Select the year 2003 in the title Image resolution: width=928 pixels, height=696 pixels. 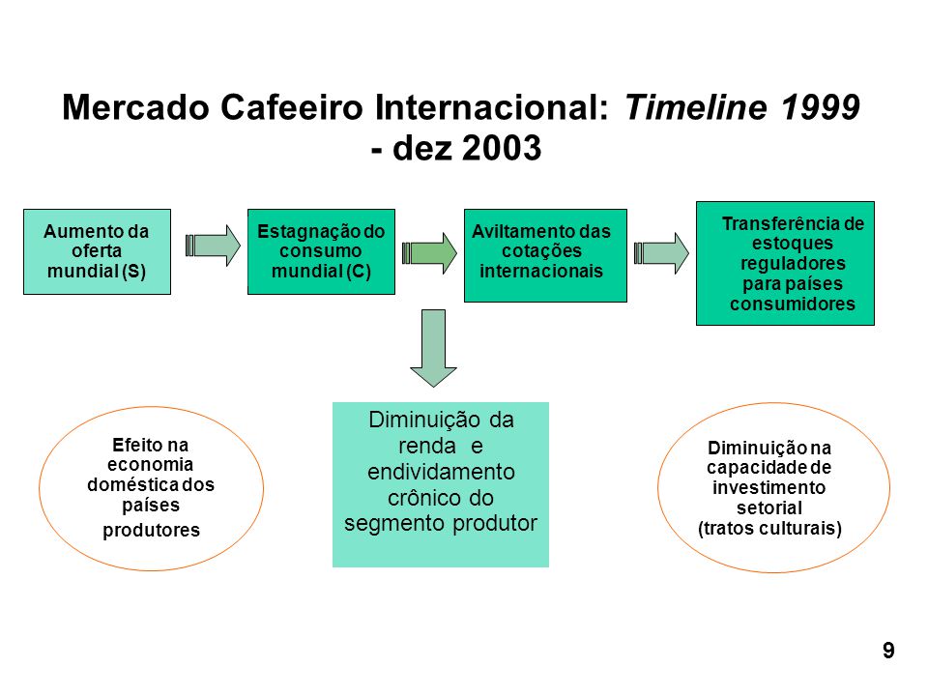coord(502,147)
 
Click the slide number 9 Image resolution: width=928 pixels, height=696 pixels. coord(888,651)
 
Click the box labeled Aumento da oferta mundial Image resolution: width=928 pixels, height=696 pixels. coord(97,251)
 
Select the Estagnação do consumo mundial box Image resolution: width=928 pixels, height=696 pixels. coord(321,251)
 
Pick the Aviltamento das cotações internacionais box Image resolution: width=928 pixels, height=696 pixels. coord(545,255)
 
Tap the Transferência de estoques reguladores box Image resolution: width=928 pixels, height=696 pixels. coord(785,263)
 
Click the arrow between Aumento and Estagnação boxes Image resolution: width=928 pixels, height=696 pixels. coord(213,245)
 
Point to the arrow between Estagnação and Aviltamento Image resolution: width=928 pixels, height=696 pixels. coord(429,252)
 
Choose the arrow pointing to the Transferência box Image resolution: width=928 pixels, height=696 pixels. coord(661,252)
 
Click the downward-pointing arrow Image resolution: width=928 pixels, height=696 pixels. coord(433,348)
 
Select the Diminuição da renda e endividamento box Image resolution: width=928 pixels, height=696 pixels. coord(441,484)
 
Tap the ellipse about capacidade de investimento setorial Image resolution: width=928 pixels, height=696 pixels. coord(658,487)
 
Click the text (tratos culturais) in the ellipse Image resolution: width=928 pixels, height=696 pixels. coord(769,528)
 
